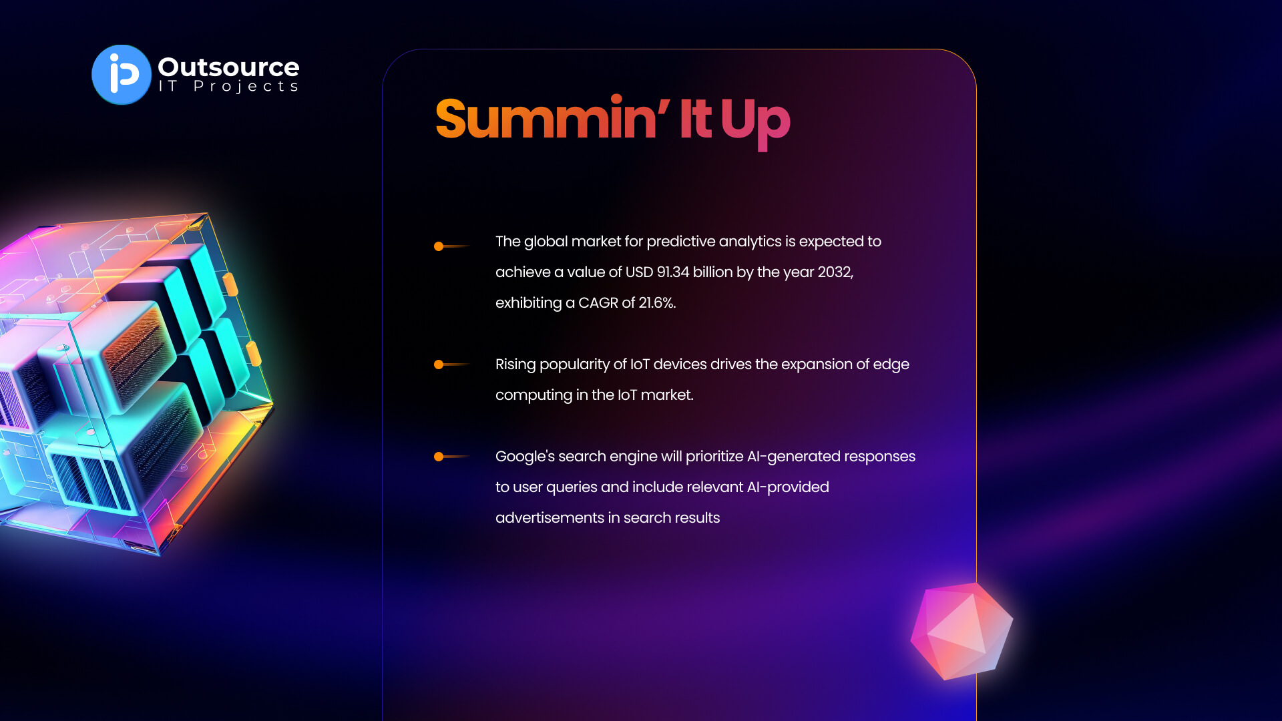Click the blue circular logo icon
coord(122,75)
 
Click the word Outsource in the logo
coord(228,67)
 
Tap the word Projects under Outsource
coord(246,87)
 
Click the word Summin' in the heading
coord(552,119)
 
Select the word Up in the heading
coord(755,123)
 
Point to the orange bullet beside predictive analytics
coord(439,246)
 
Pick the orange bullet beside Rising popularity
coord(439,365)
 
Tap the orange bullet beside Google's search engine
coord(439,457)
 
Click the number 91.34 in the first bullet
coord(673,272)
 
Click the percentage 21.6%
coord(657,303)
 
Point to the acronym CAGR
coord(598,303)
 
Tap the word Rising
coord(515,365)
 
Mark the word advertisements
coord(550,518)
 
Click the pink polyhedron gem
coord(961,632)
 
